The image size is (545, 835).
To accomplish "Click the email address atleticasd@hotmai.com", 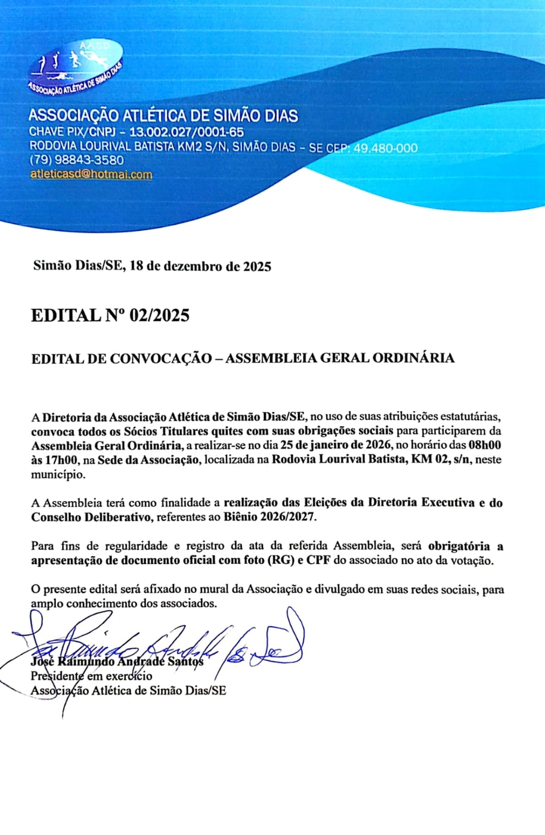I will [91, 174].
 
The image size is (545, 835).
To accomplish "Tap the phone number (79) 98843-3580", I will [77, 160].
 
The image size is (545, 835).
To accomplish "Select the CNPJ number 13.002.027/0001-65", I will [186, 132].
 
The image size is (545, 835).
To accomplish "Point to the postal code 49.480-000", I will [386, 148].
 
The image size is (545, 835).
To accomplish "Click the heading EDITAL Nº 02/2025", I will [110, 315].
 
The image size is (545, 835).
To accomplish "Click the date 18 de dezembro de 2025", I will [200, 266].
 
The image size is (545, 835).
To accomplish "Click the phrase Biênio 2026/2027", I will [270, 517].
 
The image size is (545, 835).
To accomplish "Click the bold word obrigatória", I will [459, 546].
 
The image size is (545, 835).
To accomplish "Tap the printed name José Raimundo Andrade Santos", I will [117, 661].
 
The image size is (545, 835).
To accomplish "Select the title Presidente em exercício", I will [91, 676].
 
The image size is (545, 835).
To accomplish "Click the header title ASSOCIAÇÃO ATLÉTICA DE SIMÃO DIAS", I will [163, 115].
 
